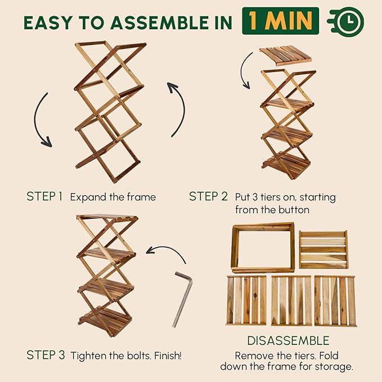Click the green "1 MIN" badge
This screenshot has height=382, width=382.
pos(280,21)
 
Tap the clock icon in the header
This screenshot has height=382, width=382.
pos(345,22)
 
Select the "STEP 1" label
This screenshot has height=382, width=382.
pos(44,197)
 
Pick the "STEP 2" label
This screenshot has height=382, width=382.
pos(208,197)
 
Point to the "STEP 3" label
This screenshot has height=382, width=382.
pos(45,355)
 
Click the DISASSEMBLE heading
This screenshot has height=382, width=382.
pos(289,341)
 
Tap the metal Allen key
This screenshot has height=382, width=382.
pos(182,298)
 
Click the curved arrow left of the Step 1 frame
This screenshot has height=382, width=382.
pos(42,121)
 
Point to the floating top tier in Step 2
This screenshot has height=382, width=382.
pos(285,55)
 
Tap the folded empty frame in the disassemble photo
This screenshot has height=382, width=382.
pos(263,247)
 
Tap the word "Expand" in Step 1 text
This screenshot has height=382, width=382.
pos(87,197)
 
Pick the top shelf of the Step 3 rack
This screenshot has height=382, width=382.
pos(107,218)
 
